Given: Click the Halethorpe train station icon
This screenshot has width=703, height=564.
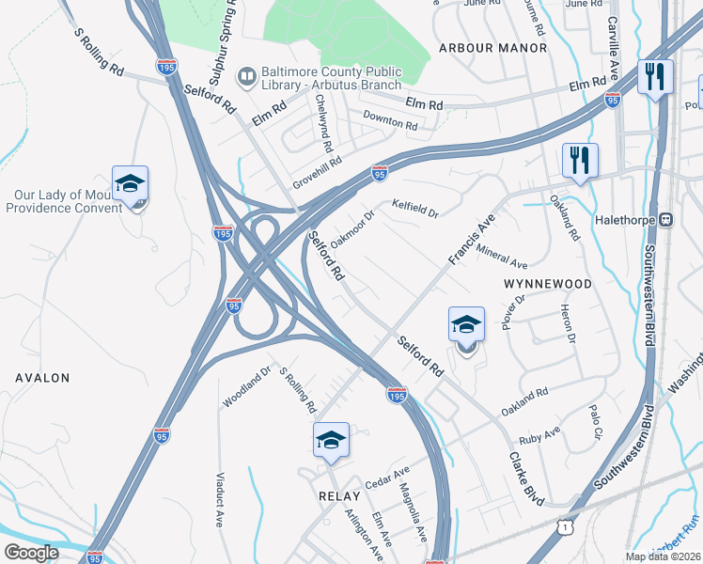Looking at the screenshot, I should [666, 219].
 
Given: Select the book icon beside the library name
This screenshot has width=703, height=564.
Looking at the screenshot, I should [247, 74].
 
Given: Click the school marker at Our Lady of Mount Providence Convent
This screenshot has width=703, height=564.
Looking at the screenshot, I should [131, 184].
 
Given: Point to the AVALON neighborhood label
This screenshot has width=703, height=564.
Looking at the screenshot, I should [42, 378].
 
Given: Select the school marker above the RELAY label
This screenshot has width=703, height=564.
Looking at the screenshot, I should [331, 440].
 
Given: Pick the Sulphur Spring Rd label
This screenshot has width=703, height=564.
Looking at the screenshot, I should [219, 46].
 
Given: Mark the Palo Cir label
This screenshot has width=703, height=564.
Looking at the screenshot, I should [594, 422].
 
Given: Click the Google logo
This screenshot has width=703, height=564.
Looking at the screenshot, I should [31, 553].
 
